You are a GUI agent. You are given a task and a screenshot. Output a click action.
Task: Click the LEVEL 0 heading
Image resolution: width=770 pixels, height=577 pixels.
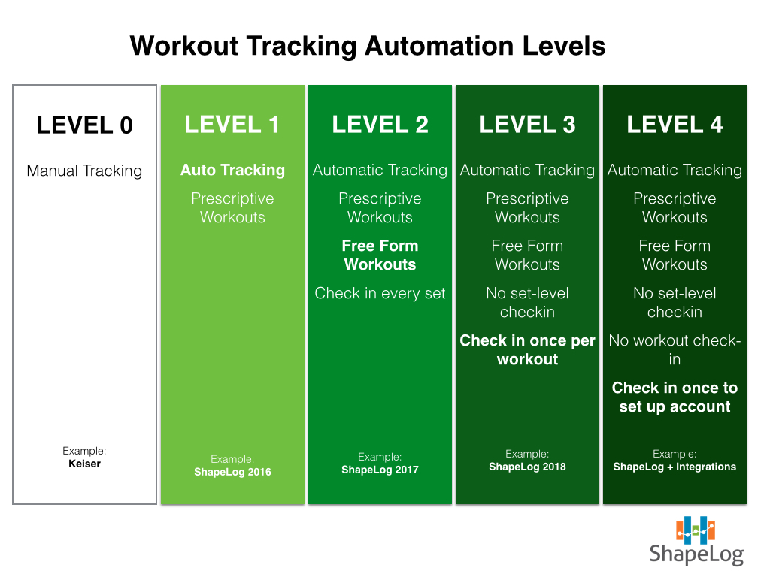click(84, 125)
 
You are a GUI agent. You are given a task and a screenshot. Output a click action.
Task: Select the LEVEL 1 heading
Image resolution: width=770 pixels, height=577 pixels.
click(232, 125)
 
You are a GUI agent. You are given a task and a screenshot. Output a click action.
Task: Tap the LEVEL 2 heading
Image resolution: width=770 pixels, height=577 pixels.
click(380, 125)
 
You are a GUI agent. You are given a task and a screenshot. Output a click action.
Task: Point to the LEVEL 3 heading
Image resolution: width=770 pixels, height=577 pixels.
click(527, 125)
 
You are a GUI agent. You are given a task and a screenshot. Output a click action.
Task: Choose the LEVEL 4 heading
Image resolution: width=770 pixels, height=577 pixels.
click(675, 125)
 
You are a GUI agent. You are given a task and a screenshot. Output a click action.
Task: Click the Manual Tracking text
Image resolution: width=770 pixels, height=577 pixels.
click(84, 171)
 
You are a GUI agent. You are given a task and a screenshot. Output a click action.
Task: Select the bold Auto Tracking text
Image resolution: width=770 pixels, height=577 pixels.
click(233, 170)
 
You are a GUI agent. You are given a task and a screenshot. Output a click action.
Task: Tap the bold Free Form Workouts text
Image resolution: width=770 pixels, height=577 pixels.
click(380, 255)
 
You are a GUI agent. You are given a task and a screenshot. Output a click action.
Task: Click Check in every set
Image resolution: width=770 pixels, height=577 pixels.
click(380, 293)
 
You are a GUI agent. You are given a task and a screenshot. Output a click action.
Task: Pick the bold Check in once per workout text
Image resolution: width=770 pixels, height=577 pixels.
click(527, 350)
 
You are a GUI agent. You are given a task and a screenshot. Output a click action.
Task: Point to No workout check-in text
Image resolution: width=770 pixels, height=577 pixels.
click(675, 350)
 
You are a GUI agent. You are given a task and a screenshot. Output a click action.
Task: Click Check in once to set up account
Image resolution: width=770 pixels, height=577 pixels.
click(675, 397)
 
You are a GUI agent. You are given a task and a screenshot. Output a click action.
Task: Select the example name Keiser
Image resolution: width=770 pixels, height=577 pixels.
click(84, 464)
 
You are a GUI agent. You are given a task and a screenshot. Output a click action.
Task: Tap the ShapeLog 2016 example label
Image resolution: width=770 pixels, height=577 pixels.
click(233, 472)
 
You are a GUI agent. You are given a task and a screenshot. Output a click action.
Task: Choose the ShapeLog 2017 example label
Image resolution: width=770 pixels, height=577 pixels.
click(380, 470)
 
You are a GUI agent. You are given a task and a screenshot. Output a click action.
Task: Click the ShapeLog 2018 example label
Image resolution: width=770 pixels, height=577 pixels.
click(527, 467)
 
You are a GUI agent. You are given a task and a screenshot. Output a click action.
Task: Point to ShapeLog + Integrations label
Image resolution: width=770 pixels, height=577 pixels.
click(675, 467)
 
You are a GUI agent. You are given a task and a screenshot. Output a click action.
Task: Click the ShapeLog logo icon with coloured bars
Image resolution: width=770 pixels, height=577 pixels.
click(696, 530)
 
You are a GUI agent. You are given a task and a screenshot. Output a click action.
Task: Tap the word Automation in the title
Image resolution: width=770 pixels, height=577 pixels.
click(439, 46)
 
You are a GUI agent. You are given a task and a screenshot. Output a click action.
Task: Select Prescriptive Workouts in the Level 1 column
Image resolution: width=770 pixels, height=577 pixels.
click(233, 207)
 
